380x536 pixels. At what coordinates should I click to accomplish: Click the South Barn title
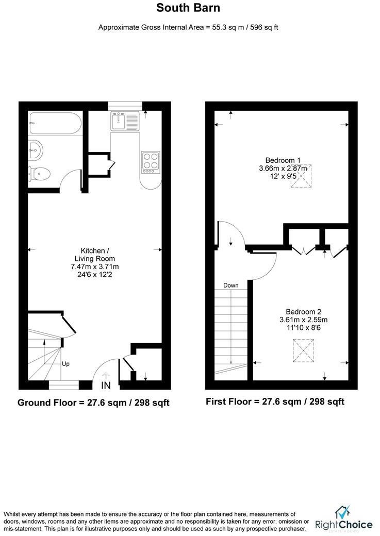pyautogui.click(x=189, y=8)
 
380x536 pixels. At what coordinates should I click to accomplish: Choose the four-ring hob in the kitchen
pyautogui.click(x=150, y=161)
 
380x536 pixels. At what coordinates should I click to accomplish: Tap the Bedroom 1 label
pyautogui.click(x=283, y=160)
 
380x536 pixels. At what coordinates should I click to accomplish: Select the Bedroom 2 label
pyautogui.click(x=304, y=311)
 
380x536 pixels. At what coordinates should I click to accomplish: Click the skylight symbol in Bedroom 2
pyautogui.click(x=303, y=351)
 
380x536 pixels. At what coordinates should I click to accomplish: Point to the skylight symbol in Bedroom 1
pyautogui.click(x=301, y=176)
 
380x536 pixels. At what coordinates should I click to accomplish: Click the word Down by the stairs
pyautogui.click(x=230, y=285)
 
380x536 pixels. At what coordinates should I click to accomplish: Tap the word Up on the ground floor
pyautogui.click(x=65, y=363)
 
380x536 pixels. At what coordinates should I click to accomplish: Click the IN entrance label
pyautogui.click(x=106, y=385)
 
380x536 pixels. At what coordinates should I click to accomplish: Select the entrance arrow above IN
pyautogui.click(x=106, y=375)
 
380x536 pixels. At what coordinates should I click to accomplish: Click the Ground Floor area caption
pyautogui.click(x=93, y=402)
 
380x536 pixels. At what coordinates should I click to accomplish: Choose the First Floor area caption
pyautogui.click(x=275, y=401)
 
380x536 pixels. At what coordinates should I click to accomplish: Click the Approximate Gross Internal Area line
pyautogui.click(x=189, y=27)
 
